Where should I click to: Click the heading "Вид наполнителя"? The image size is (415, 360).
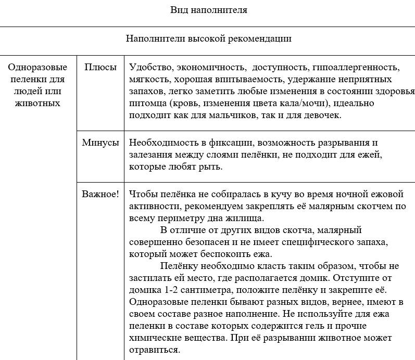[x=208, y=10]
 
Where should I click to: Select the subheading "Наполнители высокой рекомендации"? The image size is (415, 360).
[x=208, y=38]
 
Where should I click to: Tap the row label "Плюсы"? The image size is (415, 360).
[x=100, y=68]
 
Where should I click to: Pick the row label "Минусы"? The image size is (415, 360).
[x=100, y=143]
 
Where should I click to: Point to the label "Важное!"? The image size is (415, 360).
[x=100, y=194]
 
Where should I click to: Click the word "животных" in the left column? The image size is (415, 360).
[x=38, y=103]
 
